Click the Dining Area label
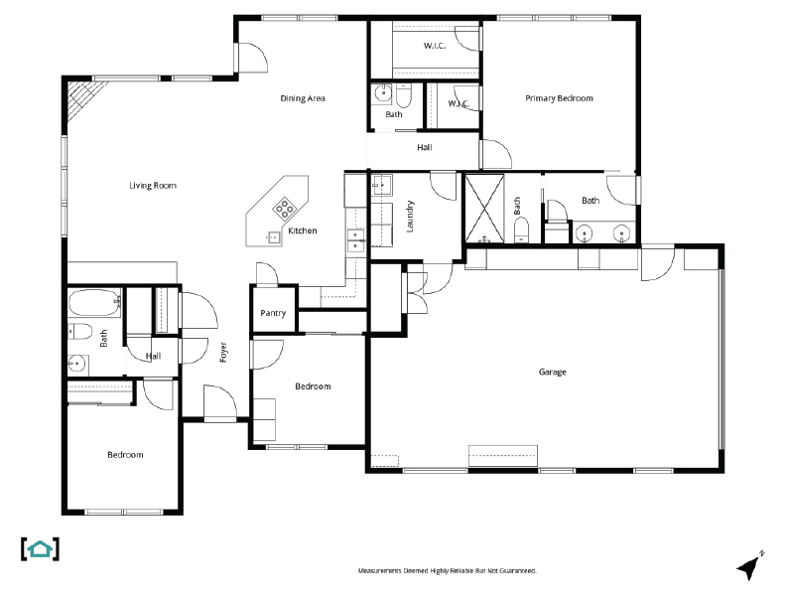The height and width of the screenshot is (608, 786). click(303, 98)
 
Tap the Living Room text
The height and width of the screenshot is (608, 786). click(152, 185)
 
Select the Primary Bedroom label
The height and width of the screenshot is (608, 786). click(559, 98)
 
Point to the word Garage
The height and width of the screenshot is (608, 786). click(552, 373)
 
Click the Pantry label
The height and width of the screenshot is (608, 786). click(273, 314)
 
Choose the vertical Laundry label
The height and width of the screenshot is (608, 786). click(410, 217)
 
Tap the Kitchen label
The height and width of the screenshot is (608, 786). click(303, 231)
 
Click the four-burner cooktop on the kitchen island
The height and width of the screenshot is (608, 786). click(285, 208)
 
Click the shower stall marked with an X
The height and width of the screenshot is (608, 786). click(485, 209)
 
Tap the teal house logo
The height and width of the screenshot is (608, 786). click(40, 548)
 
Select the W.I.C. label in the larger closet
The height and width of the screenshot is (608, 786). click(434, 46)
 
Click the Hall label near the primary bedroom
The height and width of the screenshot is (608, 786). click(425, 148)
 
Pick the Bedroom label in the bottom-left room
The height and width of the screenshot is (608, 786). click(125, 455)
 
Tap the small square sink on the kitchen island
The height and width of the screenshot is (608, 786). click(272, 236)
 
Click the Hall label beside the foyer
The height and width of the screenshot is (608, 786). click(153, 356)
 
